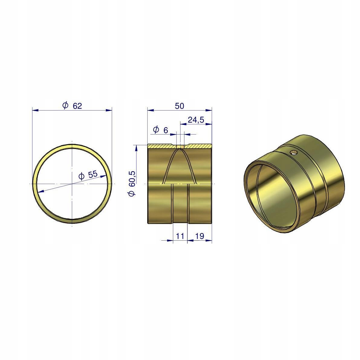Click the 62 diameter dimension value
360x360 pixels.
point(77,106)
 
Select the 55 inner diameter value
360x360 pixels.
point(93,174)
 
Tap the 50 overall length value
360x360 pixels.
point(180,106)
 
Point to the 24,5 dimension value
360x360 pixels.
point(196,120)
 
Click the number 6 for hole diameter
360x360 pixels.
point(166,130)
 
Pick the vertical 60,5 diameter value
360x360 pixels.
point(132,177)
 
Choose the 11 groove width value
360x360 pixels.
point(180,236)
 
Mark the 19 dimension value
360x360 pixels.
point(200,236)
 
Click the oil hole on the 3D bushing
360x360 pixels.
point(294,152)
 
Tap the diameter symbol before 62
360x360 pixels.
point(65,105)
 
